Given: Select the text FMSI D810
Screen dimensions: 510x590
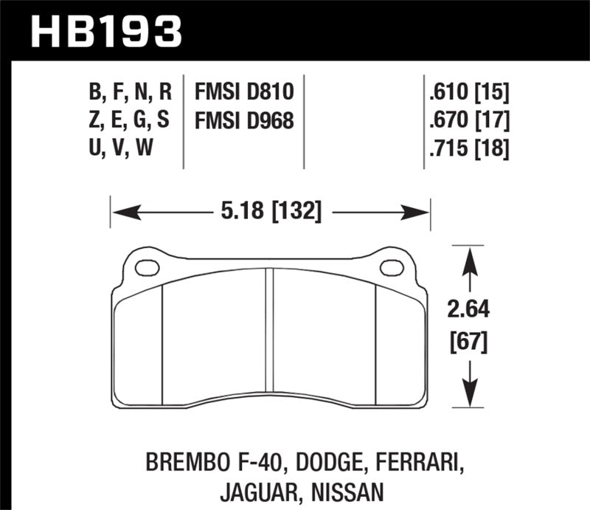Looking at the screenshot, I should point(244,92).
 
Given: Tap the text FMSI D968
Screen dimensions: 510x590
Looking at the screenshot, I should point(244,120).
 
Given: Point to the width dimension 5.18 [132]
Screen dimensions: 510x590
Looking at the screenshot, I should point(269,213).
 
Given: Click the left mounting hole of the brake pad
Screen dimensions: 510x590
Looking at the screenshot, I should point(147,266).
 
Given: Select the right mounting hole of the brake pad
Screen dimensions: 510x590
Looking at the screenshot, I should point(390,266).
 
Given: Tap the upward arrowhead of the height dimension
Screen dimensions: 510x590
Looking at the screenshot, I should point(465,258).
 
